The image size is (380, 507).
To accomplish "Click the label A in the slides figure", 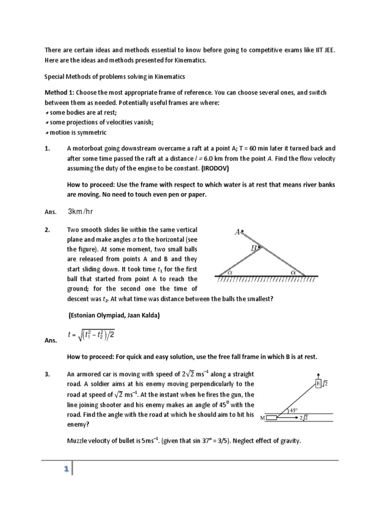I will pyautogui.click(x=237, y=231).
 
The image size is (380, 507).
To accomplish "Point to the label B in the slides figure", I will pyautogui.click(x=253, y=248).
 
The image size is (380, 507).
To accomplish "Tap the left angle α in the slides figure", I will pyautogui.click(x=229, y=272).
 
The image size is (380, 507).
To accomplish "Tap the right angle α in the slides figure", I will pyautogui.click(x=293, y=272).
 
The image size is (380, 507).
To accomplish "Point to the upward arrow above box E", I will pyautogui.click(x=318, y=375).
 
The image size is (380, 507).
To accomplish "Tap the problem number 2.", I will pyautogui.click(x=47, y=230).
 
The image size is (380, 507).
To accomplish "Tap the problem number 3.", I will pyautogui.click(x=47, y=374).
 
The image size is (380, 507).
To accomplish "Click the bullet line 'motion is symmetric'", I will pyautogui.click(x=77, y=133).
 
